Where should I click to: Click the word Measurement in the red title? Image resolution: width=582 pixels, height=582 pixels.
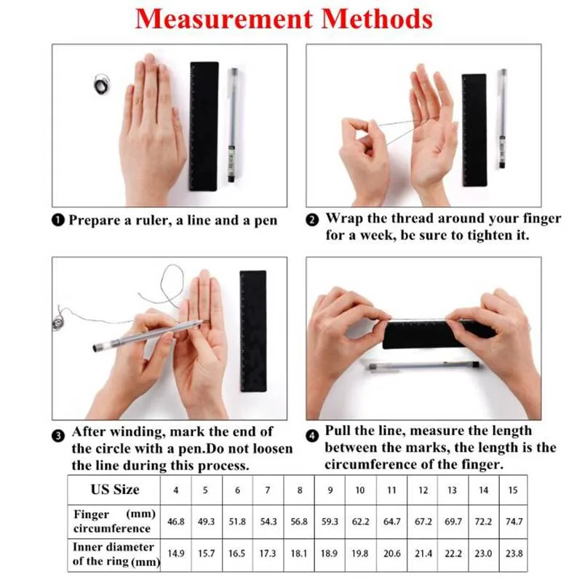pyautogui.click(x=224, y=19)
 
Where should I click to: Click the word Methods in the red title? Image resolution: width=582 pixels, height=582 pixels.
pyautogui.click(x=377, y=19)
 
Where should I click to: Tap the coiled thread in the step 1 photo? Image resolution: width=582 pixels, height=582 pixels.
pyautogui.click(x=102, y=84)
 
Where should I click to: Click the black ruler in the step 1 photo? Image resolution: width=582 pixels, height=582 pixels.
pyautogui.click(x=204, y=127)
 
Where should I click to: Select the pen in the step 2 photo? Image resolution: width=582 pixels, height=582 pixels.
pyautogui.click(x=502, y=119)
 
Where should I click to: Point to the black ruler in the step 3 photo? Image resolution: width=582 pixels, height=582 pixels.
pyautogui.click(x=253, y=331)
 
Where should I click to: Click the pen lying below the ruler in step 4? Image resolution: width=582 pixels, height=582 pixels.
pyautogui.click(x=423, y=366)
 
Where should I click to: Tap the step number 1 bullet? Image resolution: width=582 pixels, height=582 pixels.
pyautogui.click(x=58, y=220)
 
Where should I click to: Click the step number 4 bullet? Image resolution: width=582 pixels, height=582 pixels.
pyautogui.click(x=312, y=435)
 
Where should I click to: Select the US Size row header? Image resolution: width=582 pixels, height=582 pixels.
pyautogui.click(x=115, y=490)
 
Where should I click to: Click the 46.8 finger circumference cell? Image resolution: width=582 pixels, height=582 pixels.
pyautogui.click(x=176, y=522)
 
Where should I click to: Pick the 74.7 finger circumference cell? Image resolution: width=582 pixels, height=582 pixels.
pyautogui.click(x=514, y=522)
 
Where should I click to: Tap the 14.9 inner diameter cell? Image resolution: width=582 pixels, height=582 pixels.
pyautogui.click(x=176, y=554)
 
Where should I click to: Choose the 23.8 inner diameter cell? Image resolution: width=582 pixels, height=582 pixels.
pyautogui.click(x=514, y=554)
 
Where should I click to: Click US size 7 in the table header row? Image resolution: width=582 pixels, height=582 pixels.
pyautogui.click(x=268, y=490)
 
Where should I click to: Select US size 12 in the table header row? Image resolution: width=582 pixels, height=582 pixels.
pyautogui.click(x=423, y=490)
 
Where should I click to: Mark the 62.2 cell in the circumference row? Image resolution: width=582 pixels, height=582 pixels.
pyautogui.click(x=360, y=522)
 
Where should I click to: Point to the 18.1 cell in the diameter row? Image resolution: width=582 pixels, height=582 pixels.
pyautogui.click(x=299, y=554)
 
